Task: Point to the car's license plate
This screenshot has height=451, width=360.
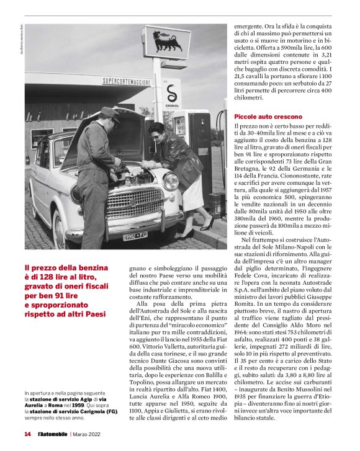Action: point(135,236)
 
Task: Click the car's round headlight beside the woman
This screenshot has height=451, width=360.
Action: point(171,181)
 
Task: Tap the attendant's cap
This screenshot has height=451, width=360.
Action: point(111,114)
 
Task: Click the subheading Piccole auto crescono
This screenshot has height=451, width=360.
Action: point(268,117)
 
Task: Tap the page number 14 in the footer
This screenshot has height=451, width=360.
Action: point(27,434)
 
